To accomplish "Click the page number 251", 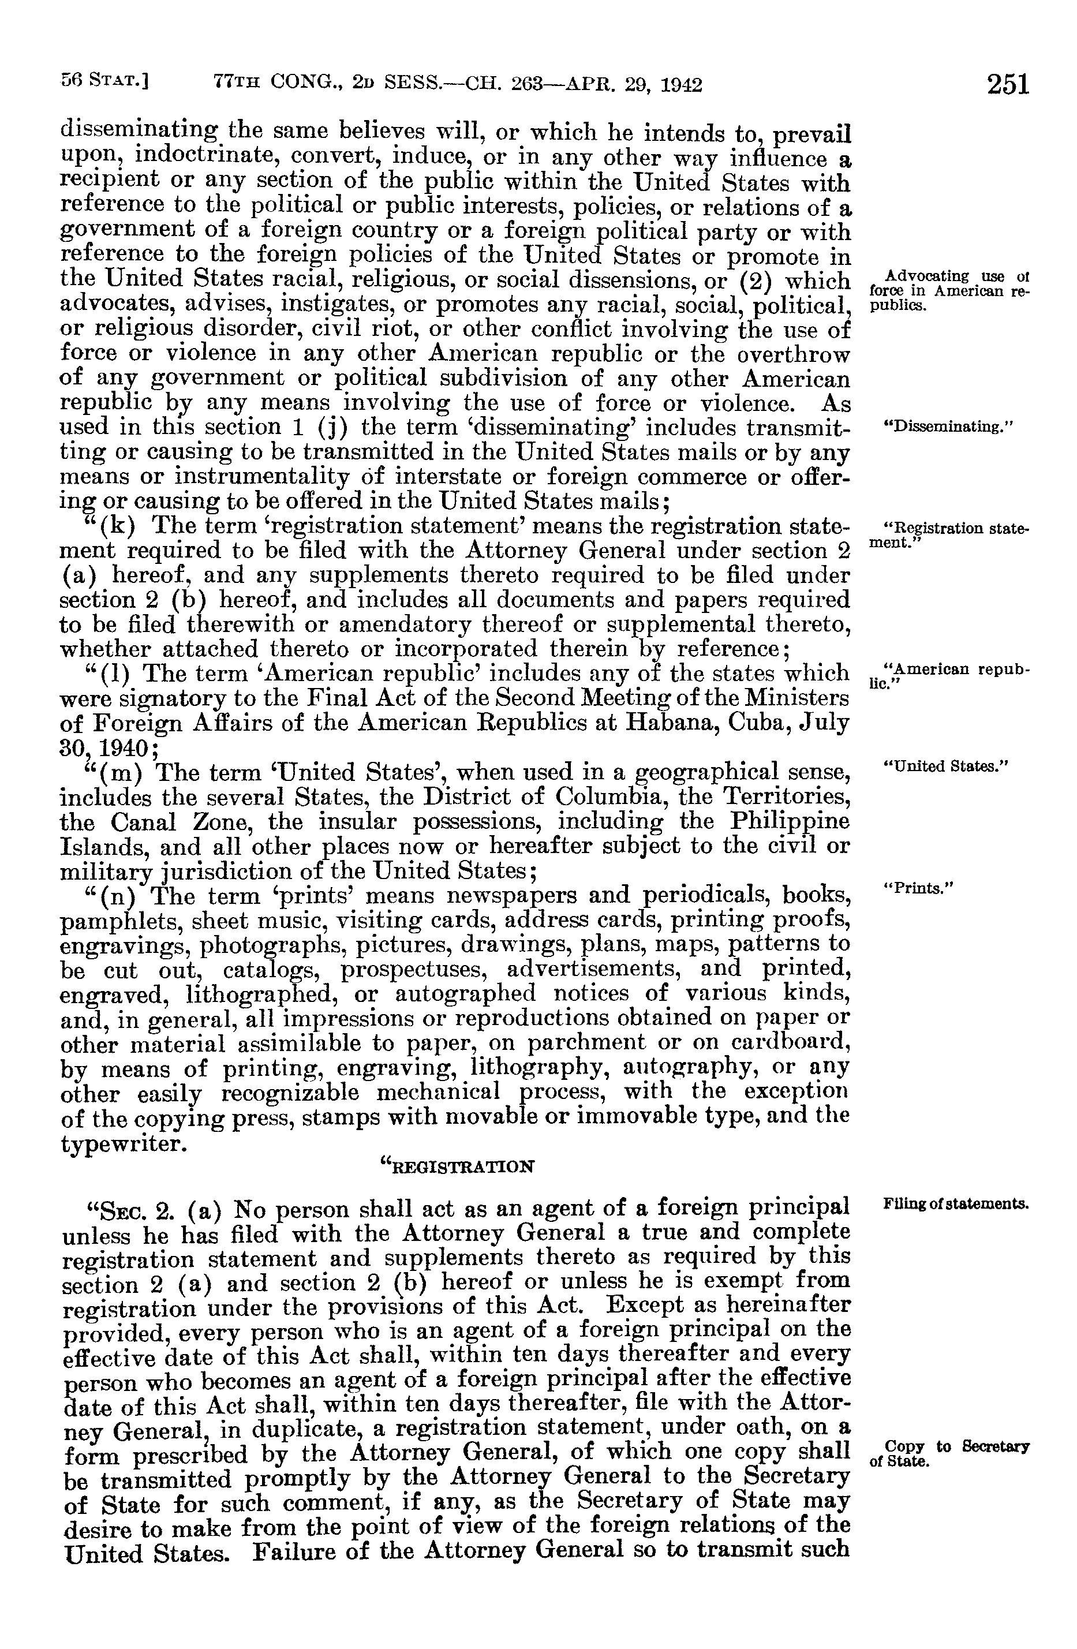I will point(1008,84).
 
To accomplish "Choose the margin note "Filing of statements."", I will point(956,1203).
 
